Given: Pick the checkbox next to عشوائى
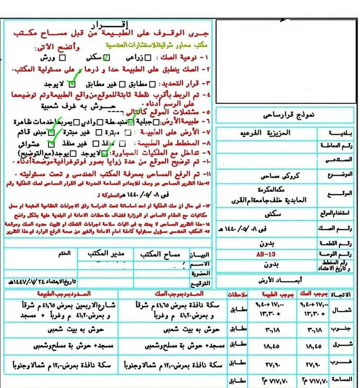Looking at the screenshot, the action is tap(51, 143).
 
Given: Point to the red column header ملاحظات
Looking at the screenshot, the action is tap(234, 293).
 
